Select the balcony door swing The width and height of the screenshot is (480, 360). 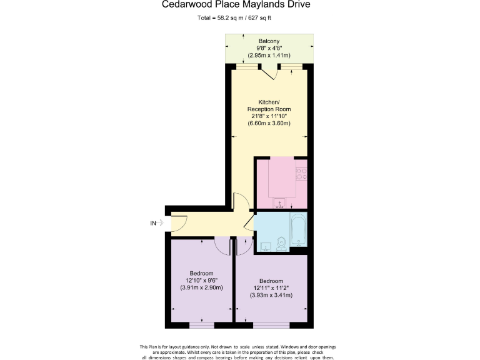pos(270,73)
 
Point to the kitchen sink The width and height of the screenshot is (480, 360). pos(280,201)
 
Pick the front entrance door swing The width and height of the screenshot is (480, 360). pos(177,222)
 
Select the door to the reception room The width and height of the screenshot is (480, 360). pos(239,202)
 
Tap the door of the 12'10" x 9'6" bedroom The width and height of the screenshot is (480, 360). pos(221,245)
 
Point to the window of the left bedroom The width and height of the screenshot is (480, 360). pos(201,324)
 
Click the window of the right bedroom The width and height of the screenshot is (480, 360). pos(271,324)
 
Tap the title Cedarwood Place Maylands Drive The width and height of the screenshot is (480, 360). pos(240,5)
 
